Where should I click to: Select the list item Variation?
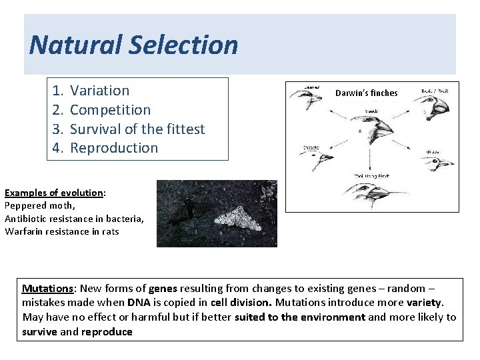coord(99,91)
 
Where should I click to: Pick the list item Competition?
coord(110,110)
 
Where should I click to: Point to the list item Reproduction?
coord(114,148)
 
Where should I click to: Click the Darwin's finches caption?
coord(366,93)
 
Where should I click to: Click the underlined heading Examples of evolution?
coord(54,193)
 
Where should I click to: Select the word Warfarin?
coord(25,231)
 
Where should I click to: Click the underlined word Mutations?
coord(47,289)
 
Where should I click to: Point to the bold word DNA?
coord(138,303)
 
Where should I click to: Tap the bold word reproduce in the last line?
coord(107,331)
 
